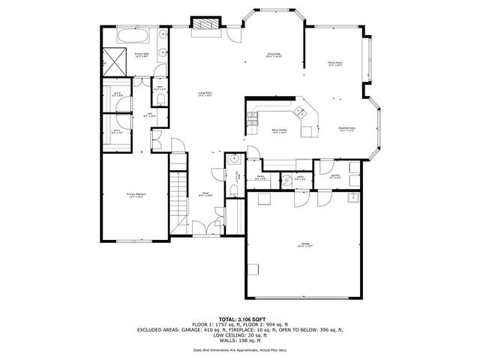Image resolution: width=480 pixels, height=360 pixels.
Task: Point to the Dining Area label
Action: tap(274, 55)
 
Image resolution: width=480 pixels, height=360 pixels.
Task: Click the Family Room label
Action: tap(334, 64)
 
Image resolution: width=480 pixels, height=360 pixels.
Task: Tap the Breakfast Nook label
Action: tap(346, 129)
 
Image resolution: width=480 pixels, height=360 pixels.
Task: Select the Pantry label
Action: tap(259, 178)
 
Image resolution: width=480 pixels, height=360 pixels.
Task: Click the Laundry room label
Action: tap(335, 176)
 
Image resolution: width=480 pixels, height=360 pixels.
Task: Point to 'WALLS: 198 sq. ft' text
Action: tap(240, 339)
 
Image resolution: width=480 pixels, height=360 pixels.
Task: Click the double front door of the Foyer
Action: tap(202, 229)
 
